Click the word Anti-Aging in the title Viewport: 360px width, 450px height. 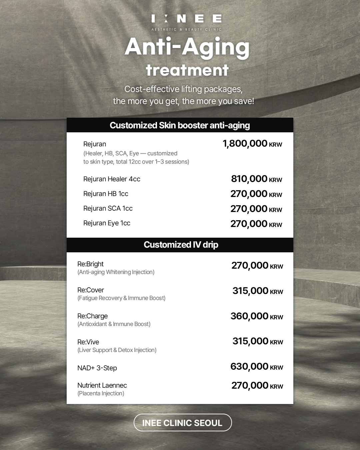pos(187,47)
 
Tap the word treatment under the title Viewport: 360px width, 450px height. pos(187,70)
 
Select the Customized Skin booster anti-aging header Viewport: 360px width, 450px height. pos(180,125)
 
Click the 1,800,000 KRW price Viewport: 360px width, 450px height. pos(252,144)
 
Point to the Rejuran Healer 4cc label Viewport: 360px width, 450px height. pos(112,179)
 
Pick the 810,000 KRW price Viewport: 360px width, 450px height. pos(256,179)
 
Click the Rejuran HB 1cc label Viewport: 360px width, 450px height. pos(106,194)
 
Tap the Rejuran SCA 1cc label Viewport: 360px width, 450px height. pos(108,208)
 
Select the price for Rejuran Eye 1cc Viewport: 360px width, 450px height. pos(256,224)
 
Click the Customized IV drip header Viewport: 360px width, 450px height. pos(181,245)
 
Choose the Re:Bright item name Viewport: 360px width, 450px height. pos(90,264)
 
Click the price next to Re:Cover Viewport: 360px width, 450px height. pos(258,291)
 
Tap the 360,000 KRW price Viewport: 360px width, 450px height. pos(257,316)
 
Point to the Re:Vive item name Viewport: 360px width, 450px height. pos(88,342)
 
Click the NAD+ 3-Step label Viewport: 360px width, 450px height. pos(97,368)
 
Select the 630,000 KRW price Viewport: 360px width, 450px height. pos(257,367)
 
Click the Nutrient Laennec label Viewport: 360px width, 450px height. pos(102,385)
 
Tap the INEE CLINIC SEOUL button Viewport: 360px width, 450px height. pos(182,423)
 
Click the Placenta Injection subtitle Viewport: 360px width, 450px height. pos(101,394)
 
